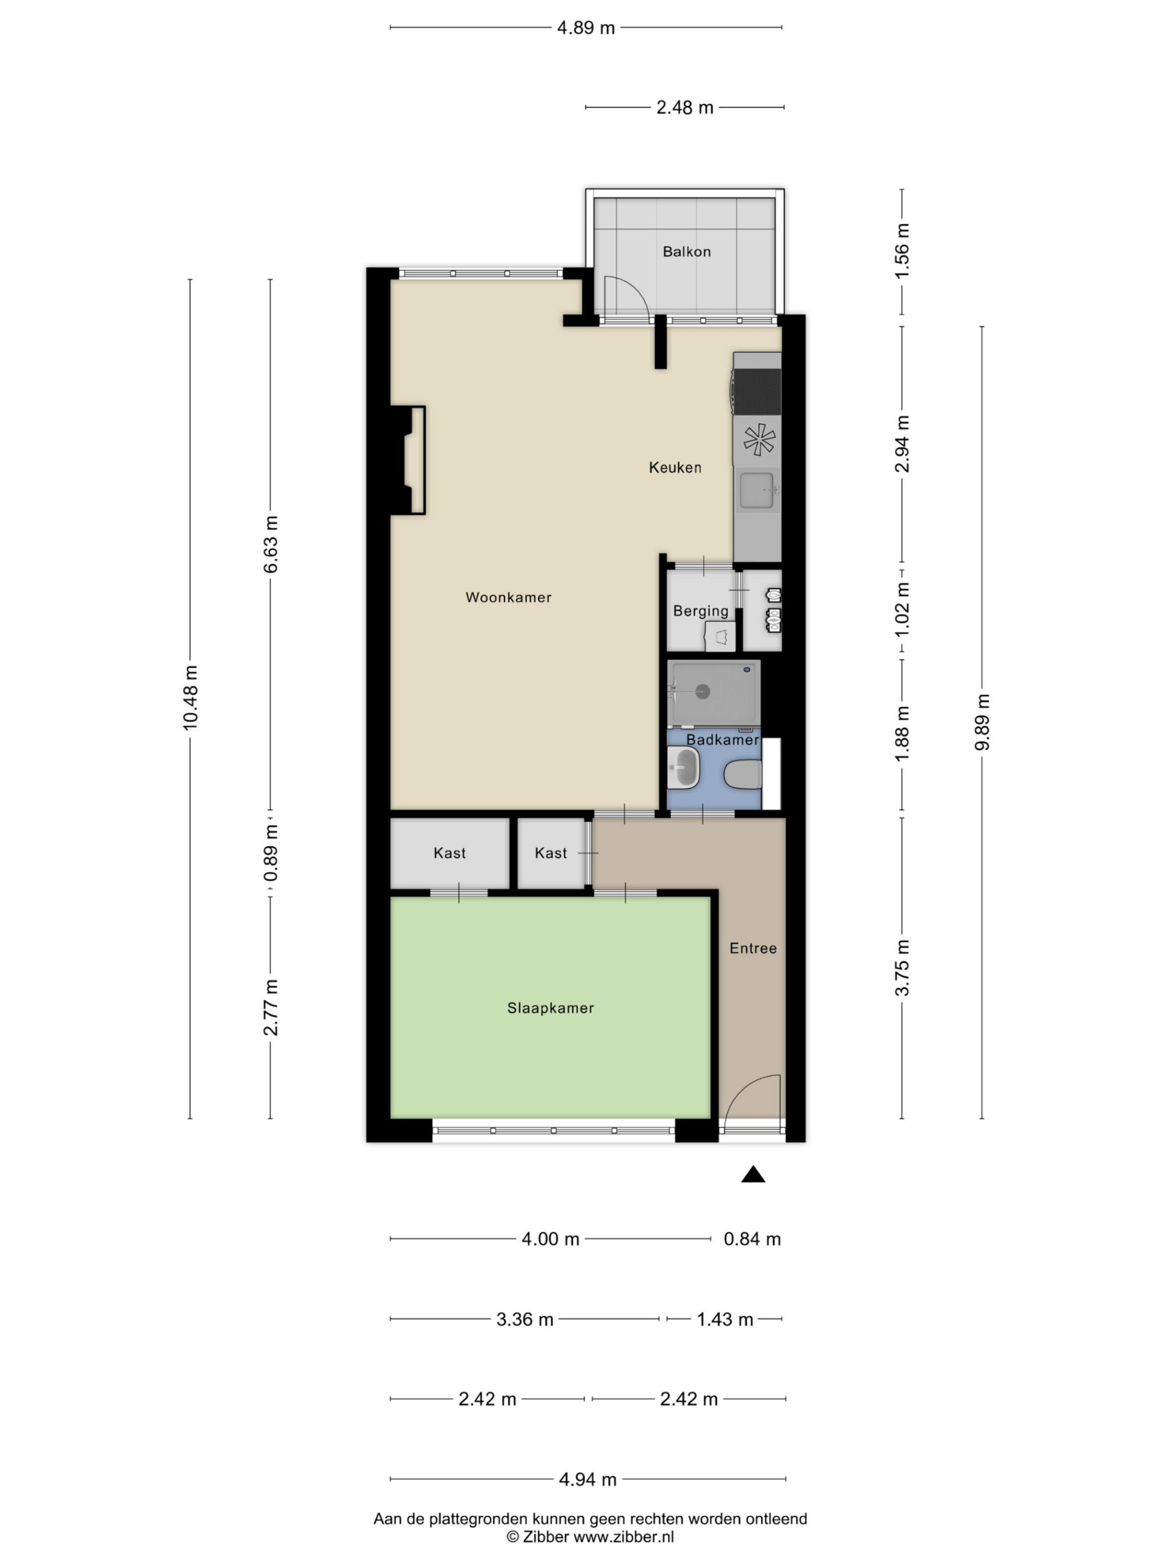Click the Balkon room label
pyautogui.click(x=686, y=251)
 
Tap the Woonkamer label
pyautogui.click(x=508, y=597)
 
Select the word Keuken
pyautogui.click(x=674, y=467)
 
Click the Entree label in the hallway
pyautogui.click(x=753, y=948)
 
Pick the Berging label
pyautogui.click(x=700, y=611)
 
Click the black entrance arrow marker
pyautogui.click(x=753, y=1174)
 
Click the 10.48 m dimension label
pyautogui.click(x=190, y=697)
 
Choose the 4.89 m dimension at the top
pyautogui.click(x=585, y=28)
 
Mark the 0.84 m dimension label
pyautogui.click(x=752, y=1239)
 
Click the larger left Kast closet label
pyautogui.click(x=449, y=853)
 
